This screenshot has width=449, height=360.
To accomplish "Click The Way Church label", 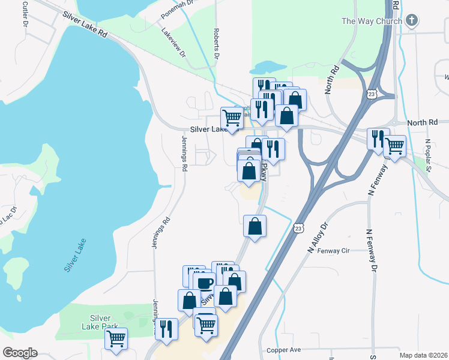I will [x=371, y=21].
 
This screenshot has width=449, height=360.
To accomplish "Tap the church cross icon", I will [x=411, y=20].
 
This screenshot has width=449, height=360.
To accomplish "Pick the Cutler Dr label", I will [x=25, y=16].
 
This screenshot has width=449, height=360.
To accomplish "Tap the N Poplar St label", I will [x=428, y=155].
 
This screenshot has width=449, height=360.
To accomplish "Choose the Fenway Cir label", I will [x=333, y=251].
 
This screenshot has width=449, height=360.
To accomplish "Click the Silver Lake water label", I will [x=75, y=256].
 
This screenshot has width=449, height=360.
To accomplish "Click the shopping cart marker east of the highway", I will [x=394, y=145].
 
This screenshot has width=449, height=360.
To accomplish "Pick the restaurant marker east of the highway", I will [x=378, y=138].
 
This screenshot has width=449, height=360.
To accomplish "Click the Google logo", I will [x=20, y=353].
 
